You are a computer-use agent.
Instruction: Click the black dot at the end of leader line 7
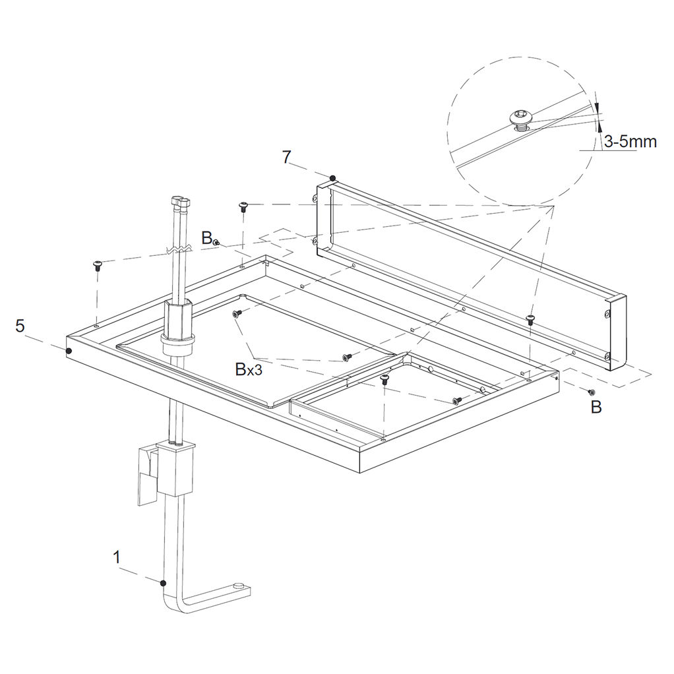[x=332, y=178]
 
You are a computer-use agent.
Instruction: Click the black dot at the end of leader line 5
[x=69, y=352]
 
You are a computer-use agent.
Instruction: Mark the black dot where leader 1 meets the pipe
[x=163, y=583]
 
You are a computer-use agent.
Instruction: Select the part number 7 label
[x=287, y=157]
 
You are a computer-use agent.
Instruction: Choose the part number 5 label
[x=20, y=326]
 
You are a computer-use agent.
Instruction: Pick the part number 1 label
[x=116, y=557]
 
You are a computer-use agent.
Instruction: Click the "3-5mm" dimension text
[x=630, y=141]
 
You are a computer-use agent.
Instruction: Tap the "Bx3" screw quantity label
[x=249, y=369]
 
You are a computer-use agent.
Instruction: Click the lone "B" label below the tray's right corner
[x=596, y=407]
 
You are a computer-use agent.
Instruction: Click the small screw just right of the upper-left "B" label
[x=216, y=243]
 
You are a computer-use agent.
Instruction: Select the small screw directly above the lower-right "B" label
[x=592, y=392]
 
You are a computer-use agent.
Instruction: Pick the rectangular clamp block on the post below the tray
[x=175, y=468]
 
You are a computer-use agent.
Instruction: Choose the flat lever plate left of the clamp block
[x=147, y=475]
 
